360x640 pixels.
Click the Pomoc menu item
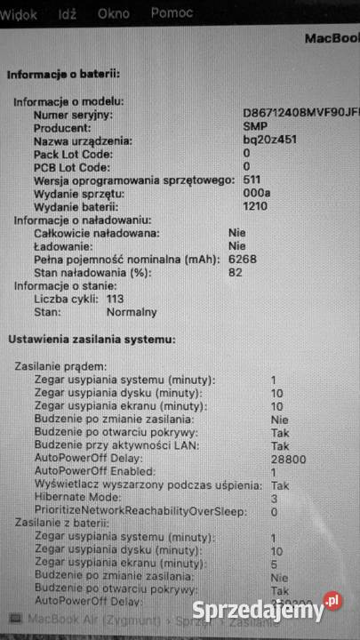(x=172, y=14)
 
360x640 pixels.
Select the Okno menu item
(x=114, y=14)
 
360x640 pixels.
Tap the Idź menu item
(x=68, y=14)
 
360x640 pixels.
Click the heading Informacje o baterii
(x=63, y=75)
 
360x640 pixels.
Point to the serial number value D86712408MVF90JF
(x=300, y=115)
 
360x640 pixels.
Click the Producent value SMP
(x=254, y=128)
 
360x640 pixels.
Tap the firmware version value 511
(x=252, y=180)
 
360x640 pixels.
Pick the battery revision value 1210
(x=256, y=206)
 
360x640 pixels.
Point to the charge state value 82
(x=235, y=272)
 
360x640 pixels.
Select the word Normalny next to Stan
(x=132, y=312)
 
